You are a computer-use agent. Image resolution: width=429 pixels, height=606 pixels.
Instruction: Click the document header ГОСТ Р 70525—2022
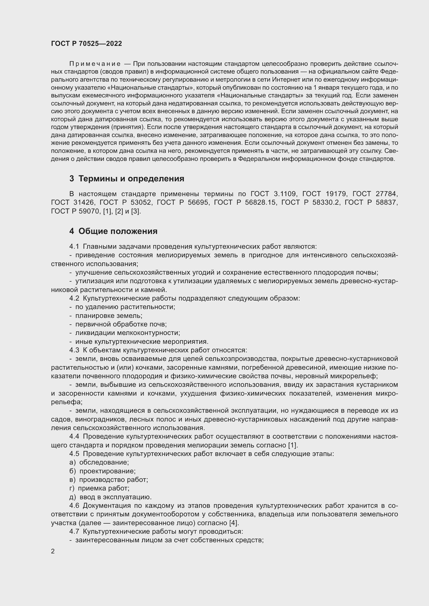coord(86,44)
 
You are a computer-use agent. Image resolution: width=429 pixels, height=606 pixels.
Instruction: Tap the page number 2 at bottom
coord(53,551)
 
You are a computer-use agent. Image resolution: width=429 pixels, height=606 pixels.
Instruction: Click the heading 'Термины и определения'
coord(131,179)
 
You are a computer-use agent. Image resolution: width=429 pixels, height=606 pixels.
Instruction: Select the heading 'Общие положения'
coord(118,231)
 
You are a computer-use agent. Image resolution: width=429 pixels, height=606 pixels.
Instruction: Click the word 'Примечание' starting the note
coord(95,64)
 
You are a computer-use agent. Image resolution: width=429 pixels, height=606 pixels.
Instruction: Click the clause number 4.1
coord(74,246)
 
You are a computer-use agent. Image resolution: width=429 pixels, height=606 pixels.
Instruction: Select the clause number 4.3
coord(74,350)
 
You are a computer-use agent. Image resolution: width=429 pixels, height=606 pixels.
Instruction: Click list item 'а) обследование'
coord(99,462)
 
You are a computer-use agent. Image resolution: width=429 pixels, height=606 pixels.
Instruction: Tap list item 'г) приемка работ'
coord(99,488)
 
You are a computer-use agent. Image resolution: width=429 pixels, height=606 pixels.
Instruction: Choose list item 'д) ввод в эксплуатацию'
coord(110,497)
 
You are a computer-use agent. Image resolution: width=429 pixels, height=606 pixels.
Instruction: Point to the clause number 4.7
coord(74,532)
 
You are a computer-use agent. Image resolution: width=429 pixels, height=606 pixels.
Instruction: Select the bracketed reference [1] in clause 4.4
coord(293,445)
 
